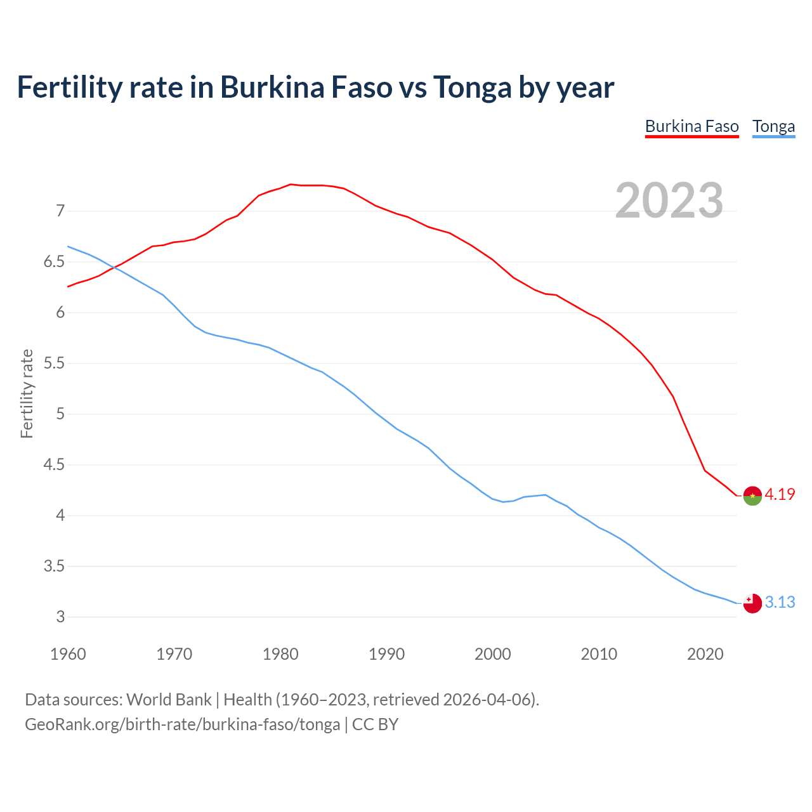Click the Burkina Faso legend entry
coord(691,126)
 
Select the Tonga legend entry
coord(773,126)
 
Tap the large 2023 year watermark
coord(669,200)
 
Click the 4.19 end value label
coord(780,494)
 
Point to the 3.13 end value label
coord(780,602)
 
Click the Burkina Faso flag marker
coord(752,495)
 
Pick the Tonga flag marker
coord(752,603)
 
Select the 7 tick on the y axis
coord(61,211)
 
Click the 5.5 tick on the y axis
coord(55,363)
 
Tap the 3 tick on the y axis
coord(61,617)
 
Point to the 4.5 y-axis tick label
coord(55,464)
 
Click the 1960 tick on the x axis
coord(68,654)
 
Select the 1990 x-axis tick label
coord(386,654)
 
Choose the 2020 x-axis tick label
coord(705,654)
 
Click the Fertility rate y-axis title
coord(27,393)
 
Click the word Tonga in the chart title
coord(472,87)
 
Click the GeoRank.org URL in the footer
coord(182,724)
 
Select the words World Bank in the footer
coord(169,699)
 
